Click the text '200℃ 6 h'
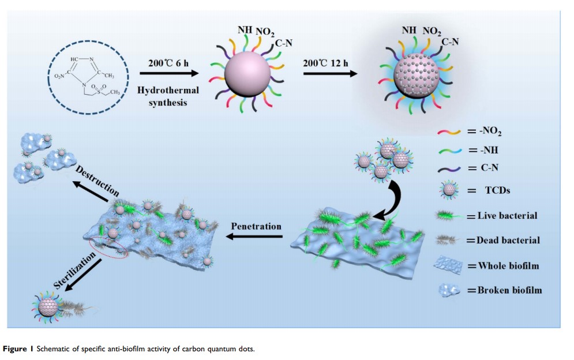[x=168, y=63]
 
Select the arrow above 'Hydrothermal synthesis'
[x=168, y=74]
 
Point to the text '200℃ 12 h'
[x=327, y=63]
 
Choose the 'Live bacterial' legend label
[x=507, y=216]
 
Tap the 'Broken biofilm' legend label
[x=509, y=290]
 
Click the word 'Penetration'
[x=256, y=226]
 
